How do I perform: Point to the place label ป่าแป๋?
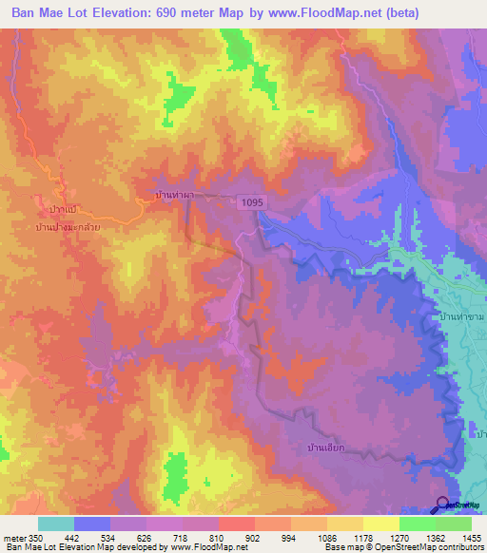(61, 207)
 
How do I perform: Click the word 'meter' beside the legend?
(15, 538)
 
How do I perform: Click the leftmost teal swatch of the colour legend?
(56, 524)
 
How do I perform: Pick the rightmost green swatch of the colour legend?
(454, 524)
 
